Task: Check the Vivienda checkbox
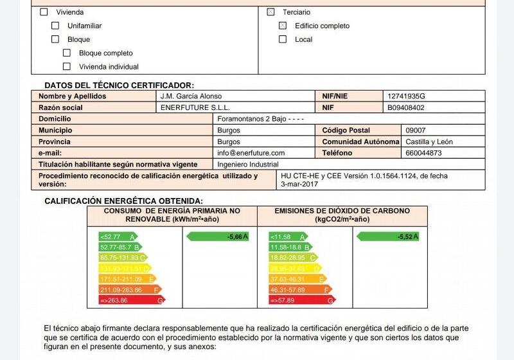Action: click(44, 12)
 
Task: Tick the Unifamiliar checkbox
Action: click(55, 26)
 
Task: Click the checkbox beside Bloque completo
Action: click(67, 53)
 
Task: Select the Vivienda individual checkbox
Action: click(67, 67)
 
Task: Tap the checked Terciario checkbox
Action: click(270, 12)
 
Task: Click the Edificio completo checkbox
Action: click(283, 26)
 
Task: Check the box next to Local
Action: click(283, 39)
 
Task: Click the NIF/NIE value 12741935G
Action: click(406, 96)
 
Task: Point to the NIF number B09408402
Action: click(406, 108)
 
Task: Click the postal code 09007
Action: click(416, 130)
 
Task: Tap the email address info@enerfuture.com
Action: click(251, 153)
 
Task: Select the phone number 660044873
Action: click(423, 153)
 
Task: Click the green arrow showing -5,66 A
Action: click(217, 237)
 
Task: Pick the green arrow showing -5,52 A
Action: click(387, 237)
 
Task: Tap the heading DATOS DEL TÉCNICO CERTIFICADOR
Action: click(119, 85)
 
